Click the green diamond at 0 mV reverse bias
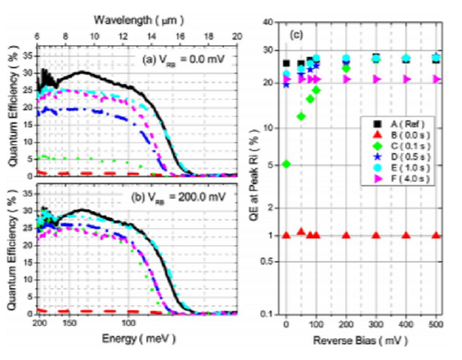pyautogui.click(x=286, y=164)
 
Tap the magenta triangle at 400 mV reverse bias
pyautogui.click(x=407, y=79)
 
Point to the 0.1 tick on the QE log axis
pyautogui.click(x=268, y=314)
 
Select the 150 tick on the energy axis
pyautogui.click(x=69, y=322)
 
